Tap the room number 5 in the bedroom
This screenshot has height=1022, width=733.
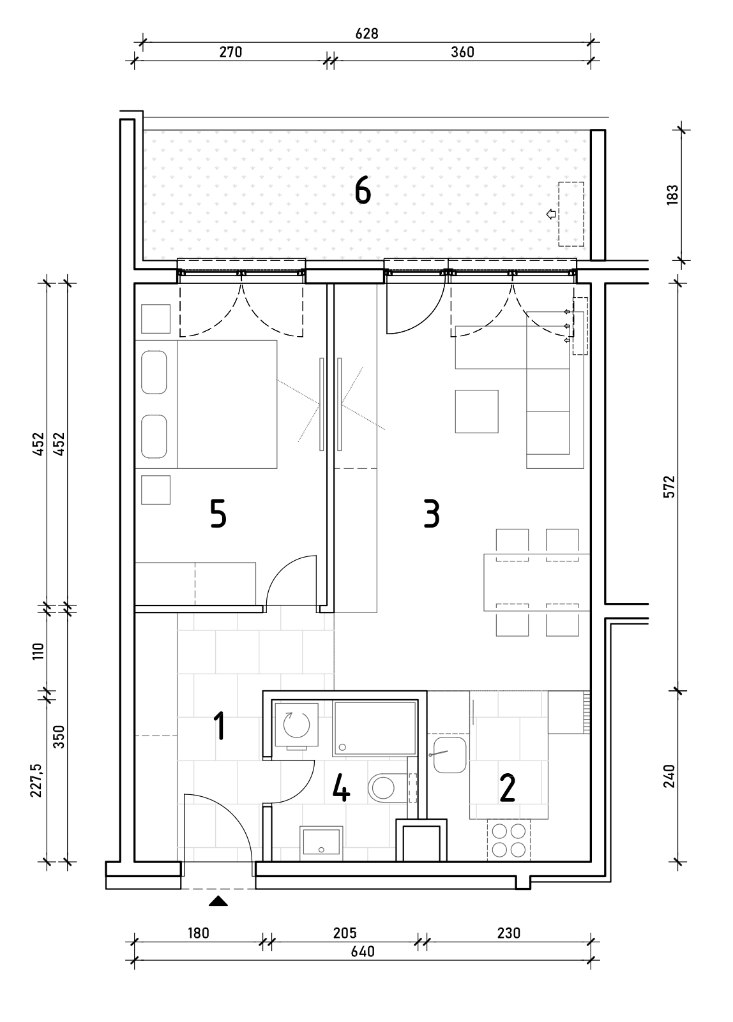(218, 514)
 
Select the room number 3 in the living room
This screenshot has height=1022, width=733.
(432, 514)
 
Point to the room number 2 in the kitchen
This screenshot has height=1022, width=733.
(508, 788)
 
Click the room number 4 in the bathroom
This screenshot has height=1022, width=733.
(341, 788)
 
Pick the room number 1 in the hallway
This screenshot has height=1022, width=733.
(220, 727)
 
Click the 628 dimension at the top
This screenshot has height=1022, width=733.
(366, 34)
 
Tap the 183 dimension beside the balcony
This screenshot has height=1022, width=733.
(672, 195)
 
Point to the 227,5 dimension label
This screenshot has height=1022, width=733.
(36, 780)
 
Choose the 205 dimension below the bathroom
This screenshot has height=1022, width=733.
(344, 933)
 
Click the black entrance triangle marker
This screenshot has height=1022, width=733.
(218, 901)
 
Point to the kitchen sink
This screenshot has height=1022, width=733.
(450, 755)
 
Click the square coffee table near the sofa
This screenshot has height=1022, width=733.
(476, 411)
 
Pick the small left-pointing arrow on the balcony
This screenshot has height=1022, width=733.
(551, 214)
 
